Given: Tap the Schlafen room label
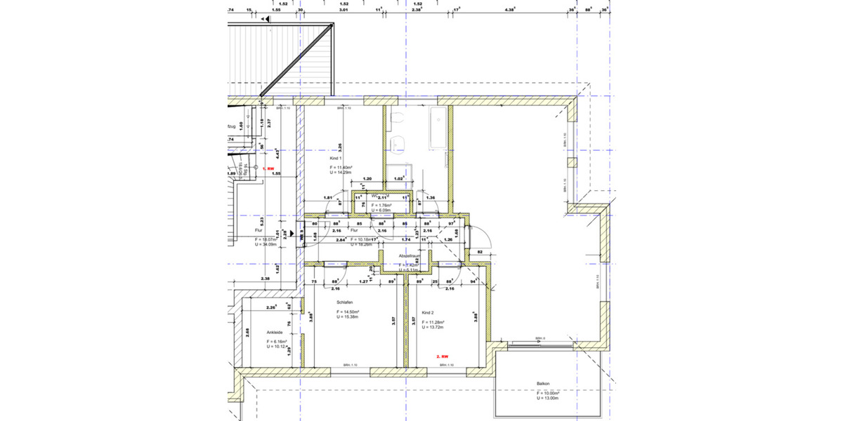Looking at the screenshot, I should (344, 302).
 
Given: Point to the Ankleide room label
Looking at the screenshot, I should (275, 333).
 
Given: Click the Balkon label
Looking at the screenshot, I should (542, 384).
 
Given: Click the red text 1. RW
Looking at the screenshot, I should (268, 169).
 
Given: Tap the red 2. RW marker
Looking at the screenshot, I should (443, 356).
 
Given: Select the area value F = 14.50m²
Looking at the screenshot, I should (348, 312).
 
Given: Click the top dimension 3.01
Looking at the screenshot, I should (344, 10).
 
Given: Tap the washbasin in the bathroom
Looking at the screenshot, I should (401, 143).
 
